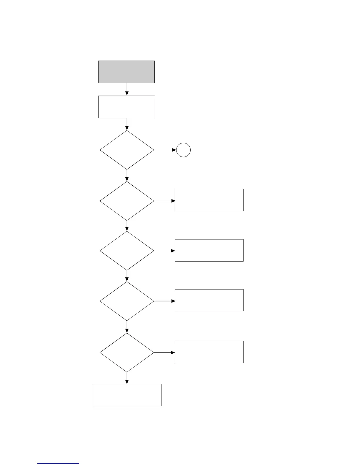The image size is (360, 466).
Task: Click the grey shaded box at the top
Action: coord(126,72)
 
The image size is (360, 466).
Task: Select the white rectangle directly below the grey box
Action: coord(126,106)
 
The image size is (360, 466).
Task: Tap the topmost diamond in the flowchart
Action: coord(127,150)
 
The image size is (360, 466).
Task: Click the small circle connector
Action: coord(183,150)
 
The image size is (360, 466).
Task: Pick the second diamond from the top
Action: coord(127,201)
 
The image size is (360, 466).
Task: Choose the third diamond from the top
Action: coord(127,251)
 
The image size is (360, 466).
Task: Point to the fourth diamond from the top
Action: coord(127,301)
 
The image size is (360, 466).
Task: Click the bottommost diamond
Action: coord(127,352)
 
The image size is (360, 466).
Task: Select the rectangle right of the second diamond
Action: coord(209,200)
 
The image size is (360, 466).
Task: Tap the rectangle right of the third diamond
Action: coord(209,250)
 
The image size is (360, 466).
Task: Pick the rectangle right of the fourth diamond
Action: coord(209,300)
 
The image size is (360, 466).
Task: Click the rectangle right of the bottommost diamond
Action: coord(209,352)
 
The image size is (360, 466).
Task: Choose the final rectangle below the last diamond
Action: coord(127,395)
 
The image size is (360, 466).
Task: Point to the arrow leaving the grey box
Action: coord(127,89)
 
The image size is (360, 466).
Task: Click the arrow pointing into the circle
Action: coord(165,150)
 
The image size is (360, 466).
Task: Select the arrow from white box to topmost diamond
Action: coord(127,124)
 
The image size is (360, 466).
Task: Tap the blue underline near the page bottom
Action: coord(58,464)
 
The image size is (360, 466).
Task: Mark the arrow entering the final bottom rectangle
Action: coord(127,378)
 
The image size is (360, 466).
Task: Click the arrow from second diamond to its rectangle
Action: coord(164,201)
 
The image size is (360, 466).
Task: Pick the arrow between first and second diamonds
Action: coord(127,176)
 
